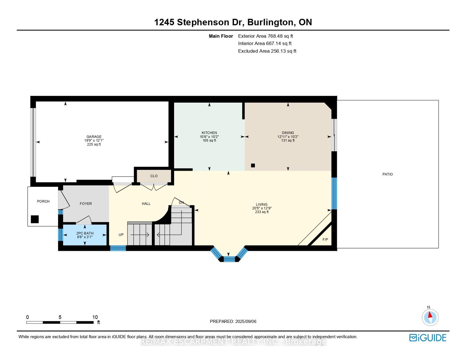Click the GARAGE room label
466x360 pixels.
point(94,137)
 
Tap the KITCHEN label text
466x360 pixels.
point(209,133)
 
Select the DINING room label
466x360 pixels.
point(288,133)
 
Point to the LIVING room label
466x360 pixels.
point(262,204)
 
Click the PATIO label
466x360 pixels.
point(388,174)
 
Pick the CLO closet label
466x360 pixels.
point(154,176)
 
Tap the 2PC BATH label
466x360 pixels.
point(85,233)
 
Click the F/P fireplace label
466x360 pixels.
point(325,239)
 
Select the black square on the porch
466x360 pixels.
point(35,219)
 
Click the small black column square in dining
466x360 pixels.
point(253,166)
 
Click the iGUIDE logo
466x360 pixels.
point(428,338)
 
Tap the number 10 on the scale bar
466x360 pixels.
point(95,317)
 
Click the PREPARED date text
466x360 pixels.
point(233,321)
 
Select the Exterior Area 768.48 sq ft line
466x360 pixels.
point(265,36)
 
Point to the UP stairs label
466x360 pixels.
point(121,235)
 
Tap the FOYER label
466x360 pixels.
point(86,204)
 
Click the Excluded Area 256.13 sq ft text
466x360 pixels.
point(267,51)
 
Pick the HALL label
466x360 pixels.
point(146,204)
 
